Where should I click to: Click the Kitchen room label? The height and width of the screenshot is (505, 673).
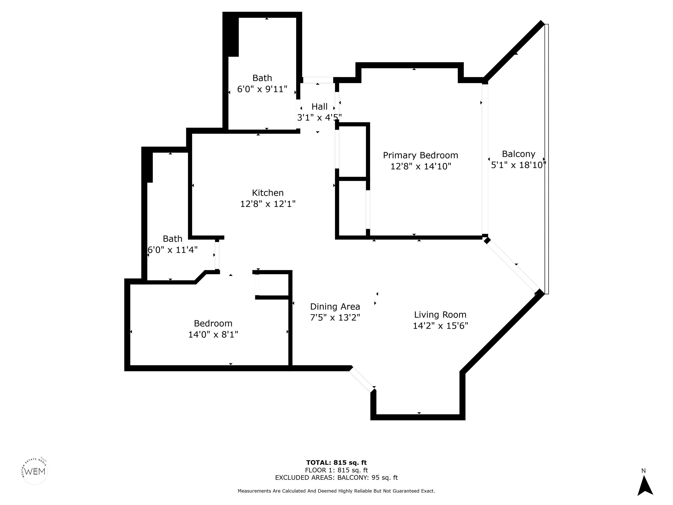pyautogui.click(x=268, y=193)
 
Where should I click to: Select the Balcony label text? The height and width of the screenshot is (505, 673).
pyautogui.click(x=518, y=154)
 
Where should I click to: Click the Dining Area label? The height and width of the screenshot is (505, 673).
pyautogui.click(x=335, y=307)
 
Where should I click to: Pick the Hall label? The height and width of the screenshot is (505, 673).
pyautogui.click(x=319, y=107)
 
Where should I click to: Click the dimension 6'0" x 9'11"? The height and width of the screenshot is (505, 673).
pyautogui.click(x=262, y=89)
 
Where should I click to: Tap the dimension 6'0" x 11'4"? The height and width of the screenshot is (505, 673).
pyautogui.click(x=172, y=250)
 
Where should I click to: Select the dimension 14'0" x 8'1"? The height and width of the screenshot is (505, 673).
pyautogui.click(x=213, y=334)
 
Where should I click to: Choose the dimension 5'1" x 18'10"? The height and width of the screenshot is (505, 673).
pyautogui.click(x=518, y=165)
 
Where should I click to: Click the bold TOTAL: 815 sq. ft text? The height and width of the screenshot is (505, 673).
pyautogui.click(x=336, y=463)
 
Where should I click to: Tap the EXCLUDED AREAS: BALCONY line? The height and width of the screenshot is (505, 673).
pyautogui.click(x=336, y=478)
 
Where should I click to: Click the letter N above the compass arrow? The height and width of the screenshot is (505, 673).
pyautogui.click(x=643, y=471)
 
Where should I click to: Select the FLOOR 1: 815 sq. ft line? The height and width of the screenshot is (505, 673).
pyautogui.click(x=336, y=470)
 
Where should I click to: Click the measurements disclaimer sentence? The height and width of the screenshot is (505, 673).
pyautogui.click(x=336, y=491)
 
